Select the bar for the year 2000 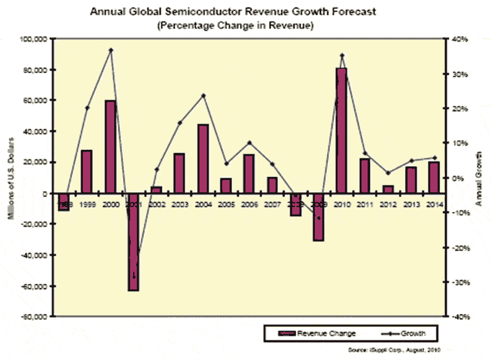click(111, 146)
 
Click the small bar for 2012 click(389, 189)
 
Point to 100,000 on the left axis click(34, 39)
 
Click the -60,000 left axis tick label click(34, 286)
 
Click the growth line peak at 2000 click(111, 50)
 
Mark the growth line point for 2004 click(203, 95)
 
